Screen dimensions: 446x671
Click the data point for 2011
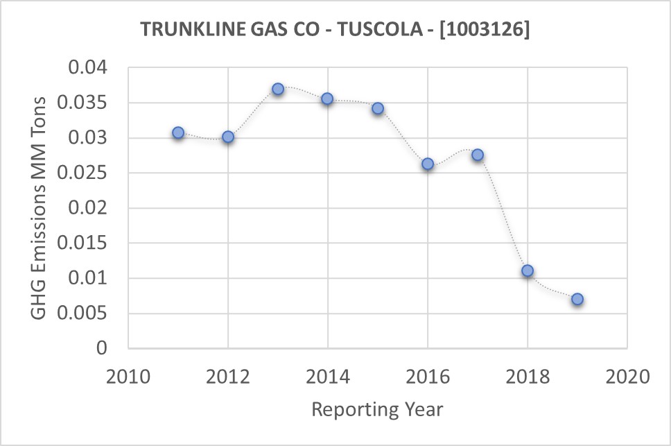click(x=178, y=132)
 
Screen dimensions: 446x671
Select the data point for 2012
click(x=228, y=137)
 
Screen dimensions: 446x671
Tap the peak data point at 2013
click(x=278, y=89)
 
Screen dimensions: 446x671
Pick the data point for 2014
click(x=327, y=98)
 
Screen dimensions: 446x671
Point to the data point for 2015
click(x=378, y=108)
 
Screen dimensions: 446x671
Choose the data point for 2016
click(x=428, y=164)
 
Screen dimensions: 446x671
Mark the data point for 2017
click(x=478, y=155)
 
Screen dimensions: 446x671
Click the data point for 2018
click(x=528, y=271)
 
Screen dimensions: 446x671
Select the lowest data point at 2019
click(x=577, y=299)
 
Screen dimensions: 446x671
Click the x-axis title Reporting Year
click(x=377, y=409)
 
